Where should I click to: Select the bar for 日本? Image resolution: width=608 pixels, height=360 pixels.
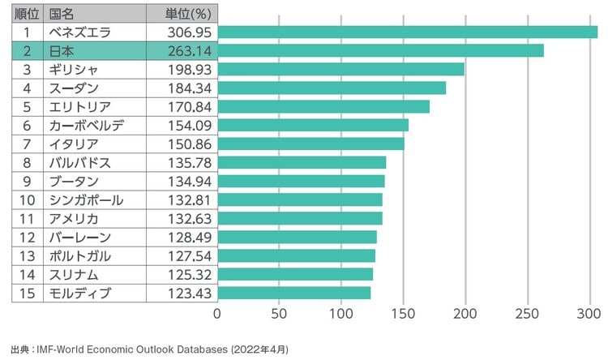click(x=380, y=50)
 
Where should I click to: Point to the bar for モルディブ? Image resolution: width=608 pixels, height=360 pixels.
click(x=293, y=293)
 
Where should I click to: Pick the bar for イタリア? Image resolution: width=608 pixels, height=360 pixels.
click(x=310, y=144)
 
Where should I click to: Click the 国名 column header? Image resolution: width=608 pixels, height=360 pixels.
click(x=62, y=14)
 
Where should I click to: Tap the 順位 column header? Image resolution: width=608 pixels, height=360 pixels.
click(x=27, y=14)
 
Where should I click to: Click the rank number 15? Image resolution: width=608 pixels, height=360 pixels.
click(x=27, y=293)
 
